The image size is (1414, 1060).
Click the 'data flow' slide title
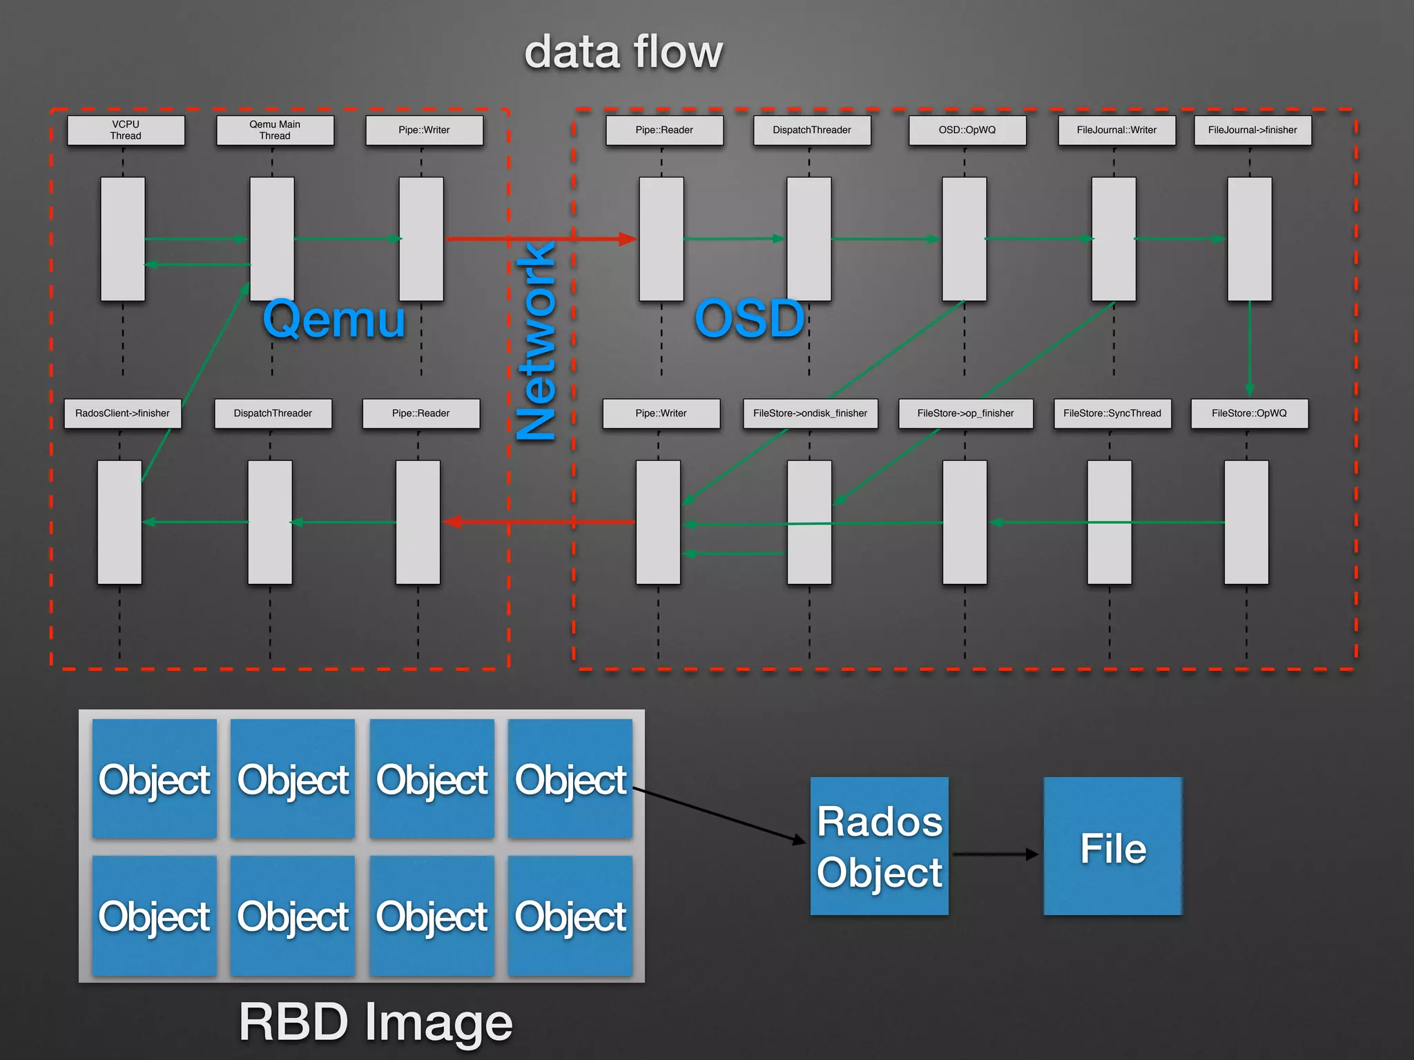point(623,52)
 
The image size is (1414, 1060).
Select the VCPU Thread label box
point(126,130)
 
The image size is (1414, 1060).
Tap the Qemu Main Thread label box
point(275,130)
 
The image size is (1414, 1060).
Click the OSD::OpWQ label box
point(967,130)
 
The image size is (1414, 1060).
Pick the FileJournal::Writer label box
point(1116,130)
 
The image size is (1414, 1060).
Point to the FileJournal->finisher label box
point(1252,130)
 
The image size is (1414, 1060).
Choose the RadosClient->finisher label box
point(122,413)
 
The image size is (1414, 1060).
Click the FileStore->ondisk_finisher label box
point(810,413)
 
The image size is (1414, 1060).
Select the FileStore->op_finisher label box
point(965,413)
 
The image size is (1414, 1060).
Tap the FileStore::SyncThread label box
point(1112,413)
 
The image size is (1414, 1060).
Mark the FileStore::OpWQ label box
point(1249,413)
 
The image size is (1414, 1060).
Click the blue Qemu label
point(334,319)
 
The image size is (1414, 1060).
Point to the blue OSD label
point(750,319)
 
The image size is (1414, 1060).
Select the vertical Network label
point(537,340)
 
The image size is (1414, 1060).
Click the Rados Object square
point(879,846)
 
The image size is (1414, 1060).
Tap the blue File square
point(1112,846)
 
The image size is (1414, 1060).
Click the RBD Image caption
point(376,1022)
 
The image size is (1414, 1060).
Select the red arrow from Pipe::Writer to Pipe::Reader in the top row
point(539,239)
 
